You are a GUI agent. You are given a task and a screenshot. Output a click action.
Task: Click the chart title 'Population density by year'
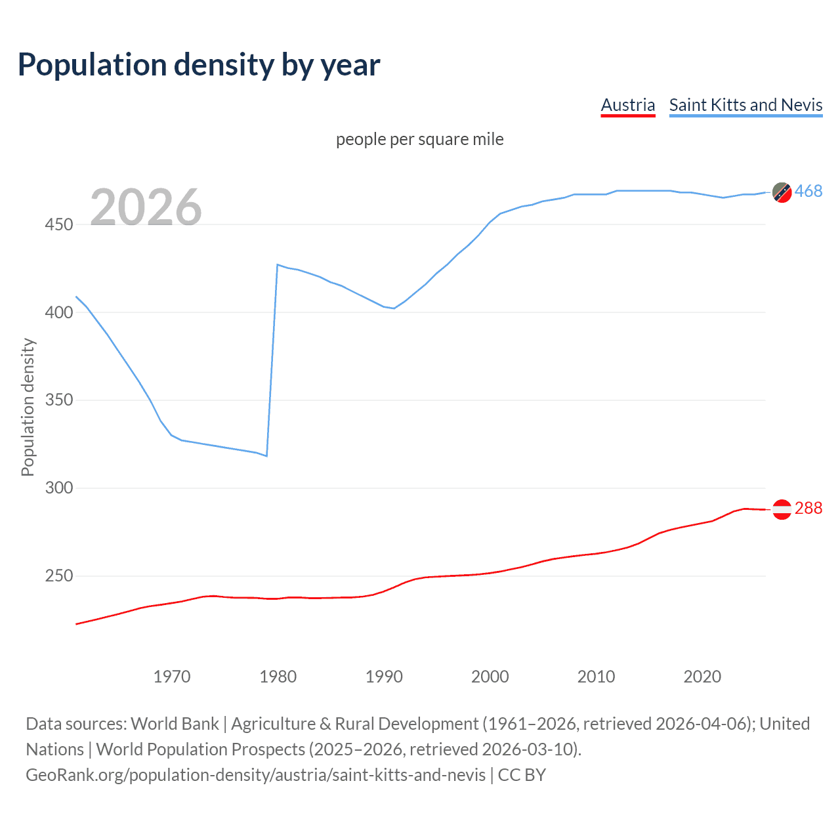[x=199, y=65]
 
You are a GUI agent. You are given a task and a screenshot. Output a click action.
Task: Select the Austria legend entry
[x=628, y=105]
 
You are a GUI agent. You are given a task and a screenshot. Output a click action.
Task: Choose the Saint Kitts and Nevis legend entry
[x=745, y=105]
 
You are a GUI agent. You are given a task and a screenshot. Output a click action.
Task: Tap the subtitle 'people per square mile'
[x=419, y=139]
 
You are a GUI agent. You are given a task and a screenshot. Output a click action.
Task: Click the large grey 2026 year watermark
[x=146, y=207]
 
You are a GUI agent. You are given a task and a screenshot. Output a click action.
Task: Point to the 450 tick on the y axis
[x=59, y=224]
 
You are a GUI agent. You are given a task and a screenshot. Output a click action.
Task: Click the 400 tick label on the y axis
[x=59, y=312]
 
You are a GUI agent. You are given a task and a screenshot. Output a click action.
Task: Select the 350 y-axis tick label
[x=59, y=400]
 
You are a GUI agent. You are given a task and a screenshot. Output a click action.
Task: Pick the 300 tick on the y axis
[x=59, y=488]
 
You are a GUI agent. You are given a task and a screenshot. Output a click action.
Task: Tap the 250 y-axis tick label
[x=59, y=576]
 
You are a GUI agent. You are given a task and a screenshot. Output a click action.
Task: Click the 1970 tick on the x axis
[x=172, y=677]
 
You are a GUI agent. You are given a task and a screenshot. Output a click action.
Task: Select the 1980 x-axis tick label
[x=278, y=677]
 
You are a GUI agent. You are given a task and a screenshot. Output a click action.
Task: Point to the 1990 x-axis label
[x=384, y=677]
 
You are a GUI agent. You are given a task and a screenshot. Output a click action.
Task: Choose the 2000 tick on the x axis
[x=490, y=677]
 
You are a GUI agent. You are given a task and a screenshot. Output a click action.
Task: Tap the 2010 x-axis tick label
[x=597, y=677]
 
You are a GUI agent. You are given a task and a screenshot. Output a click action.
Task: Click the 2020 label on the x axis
[x=702, y=677]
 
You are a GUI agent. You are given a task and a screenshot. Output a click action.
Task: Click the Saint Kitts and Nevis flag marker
[x=782, y=192]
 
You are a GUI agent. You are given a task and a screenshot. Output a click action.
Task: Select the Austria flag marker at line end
[x=782, y=509]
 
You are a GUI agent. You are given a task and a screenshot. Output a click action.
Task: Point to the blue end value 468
[x=808, y=191]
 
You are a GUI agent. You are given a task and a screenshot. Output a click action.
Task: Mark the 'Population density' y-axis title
[x=28, y=407]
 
